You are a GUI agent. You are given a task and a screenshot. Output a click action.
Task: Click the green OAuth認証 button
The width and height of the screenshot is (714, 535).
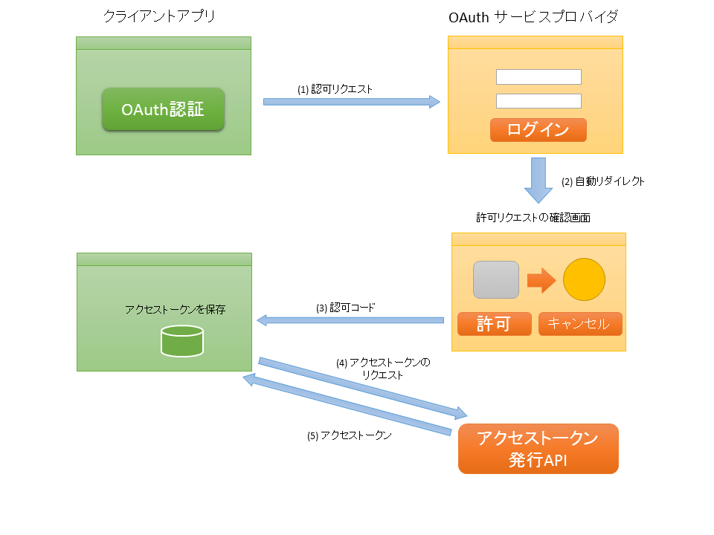pos(163,109)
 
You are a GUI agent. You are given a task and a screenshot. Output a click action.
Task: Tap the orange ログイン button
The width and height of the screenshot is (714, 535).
pos(538,129)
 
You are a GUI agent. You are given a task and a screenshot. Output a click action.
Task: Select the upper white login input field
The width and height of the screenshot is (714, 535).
pos(538,77)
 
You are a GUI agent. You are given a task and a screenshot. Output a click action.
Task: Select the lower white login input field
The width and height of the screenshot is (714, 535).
pos(538,101)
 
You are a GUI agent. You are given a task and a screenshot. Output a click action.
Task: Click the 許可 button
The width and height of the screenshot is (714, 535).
pos(495,324)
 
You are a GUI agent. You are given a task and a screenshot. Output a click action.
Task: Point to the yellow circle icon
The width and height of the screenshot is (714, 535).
pos(585,279)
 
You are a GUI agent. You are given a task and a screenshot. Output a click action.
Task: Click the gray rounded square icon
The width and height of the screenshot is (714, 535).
pos(496,280)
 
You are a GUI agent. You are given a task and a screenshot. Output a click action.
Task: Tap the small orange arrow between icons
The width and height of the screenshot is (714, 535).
pos(541,280)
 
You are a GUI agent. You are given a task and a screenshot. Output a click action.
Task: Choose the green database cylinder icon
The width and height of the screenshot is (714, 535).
pos(182,341)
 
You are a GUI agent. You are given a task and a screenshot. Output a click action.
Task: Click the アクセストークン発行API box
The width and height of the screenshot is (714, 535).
pos(538,449)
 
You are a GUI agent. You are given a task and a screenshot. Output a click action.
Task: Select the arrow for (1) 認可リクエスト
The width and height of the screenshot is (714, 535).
pos(352,102)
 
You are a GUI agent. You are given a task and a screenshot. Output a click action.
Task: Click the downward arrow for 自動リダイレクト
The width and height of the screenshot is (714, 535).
pos(538,180)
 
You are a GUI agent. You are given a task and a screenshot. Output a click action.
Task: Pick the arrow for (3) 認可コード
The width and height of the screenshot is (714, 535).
pos(350,320)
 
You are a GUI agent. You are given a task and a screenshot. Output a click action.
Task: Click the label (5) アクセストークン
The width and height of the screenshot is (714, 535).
pos(350,436)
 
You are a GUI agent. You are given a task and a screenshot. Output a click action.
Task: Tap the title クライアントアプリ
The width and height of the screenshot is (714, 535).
pos(159,16)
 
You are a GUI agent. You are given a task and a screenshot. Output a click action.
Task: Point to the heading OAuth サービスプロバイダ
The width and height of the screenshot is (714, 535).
pos(533,17)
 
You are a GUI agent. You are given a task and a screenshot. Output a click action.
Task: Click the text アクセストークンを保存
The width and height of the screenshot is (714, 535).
pos(176,309)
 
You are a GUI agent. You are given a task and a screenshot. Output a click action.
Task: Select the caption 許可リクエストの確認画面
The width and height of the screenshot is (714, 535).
pos(533,218)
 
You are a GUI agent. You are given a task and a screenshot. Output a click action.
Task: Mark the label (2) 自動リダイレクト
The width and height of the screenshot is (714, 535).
pos(603,181)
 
